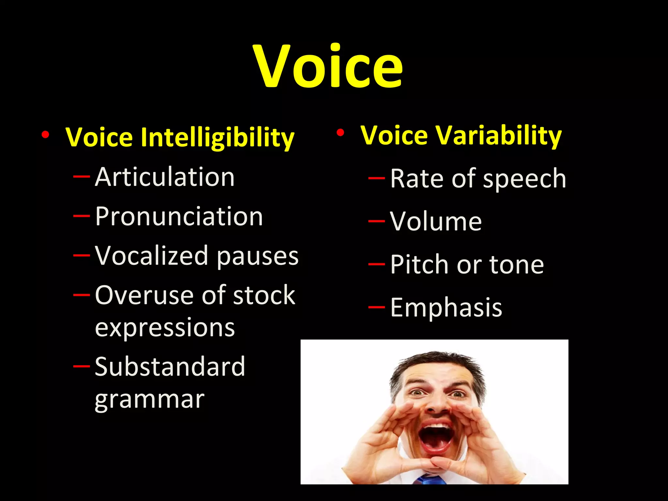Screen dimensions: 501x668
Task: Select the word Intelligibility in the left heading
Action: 218,137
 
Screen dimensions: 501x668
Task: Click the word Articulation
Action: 165,177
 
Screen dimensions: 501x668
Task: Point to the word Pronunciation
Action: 179,217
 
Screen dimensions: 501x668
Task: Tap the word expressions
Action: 165,328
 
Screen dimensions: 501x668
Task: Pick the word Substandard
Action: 170,367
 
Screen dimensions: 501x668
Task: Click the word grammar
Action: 150,400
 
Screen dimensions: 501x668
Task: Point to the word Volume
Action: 436,221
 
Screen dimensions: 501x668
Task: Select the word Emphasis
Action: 446,308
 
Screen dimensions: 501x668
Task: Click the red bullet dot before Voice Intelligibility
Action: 46,134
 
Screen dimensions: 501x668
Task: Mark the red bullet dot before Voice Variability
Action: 341,133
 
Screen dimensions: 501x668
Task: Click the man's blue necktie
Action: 431,479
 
